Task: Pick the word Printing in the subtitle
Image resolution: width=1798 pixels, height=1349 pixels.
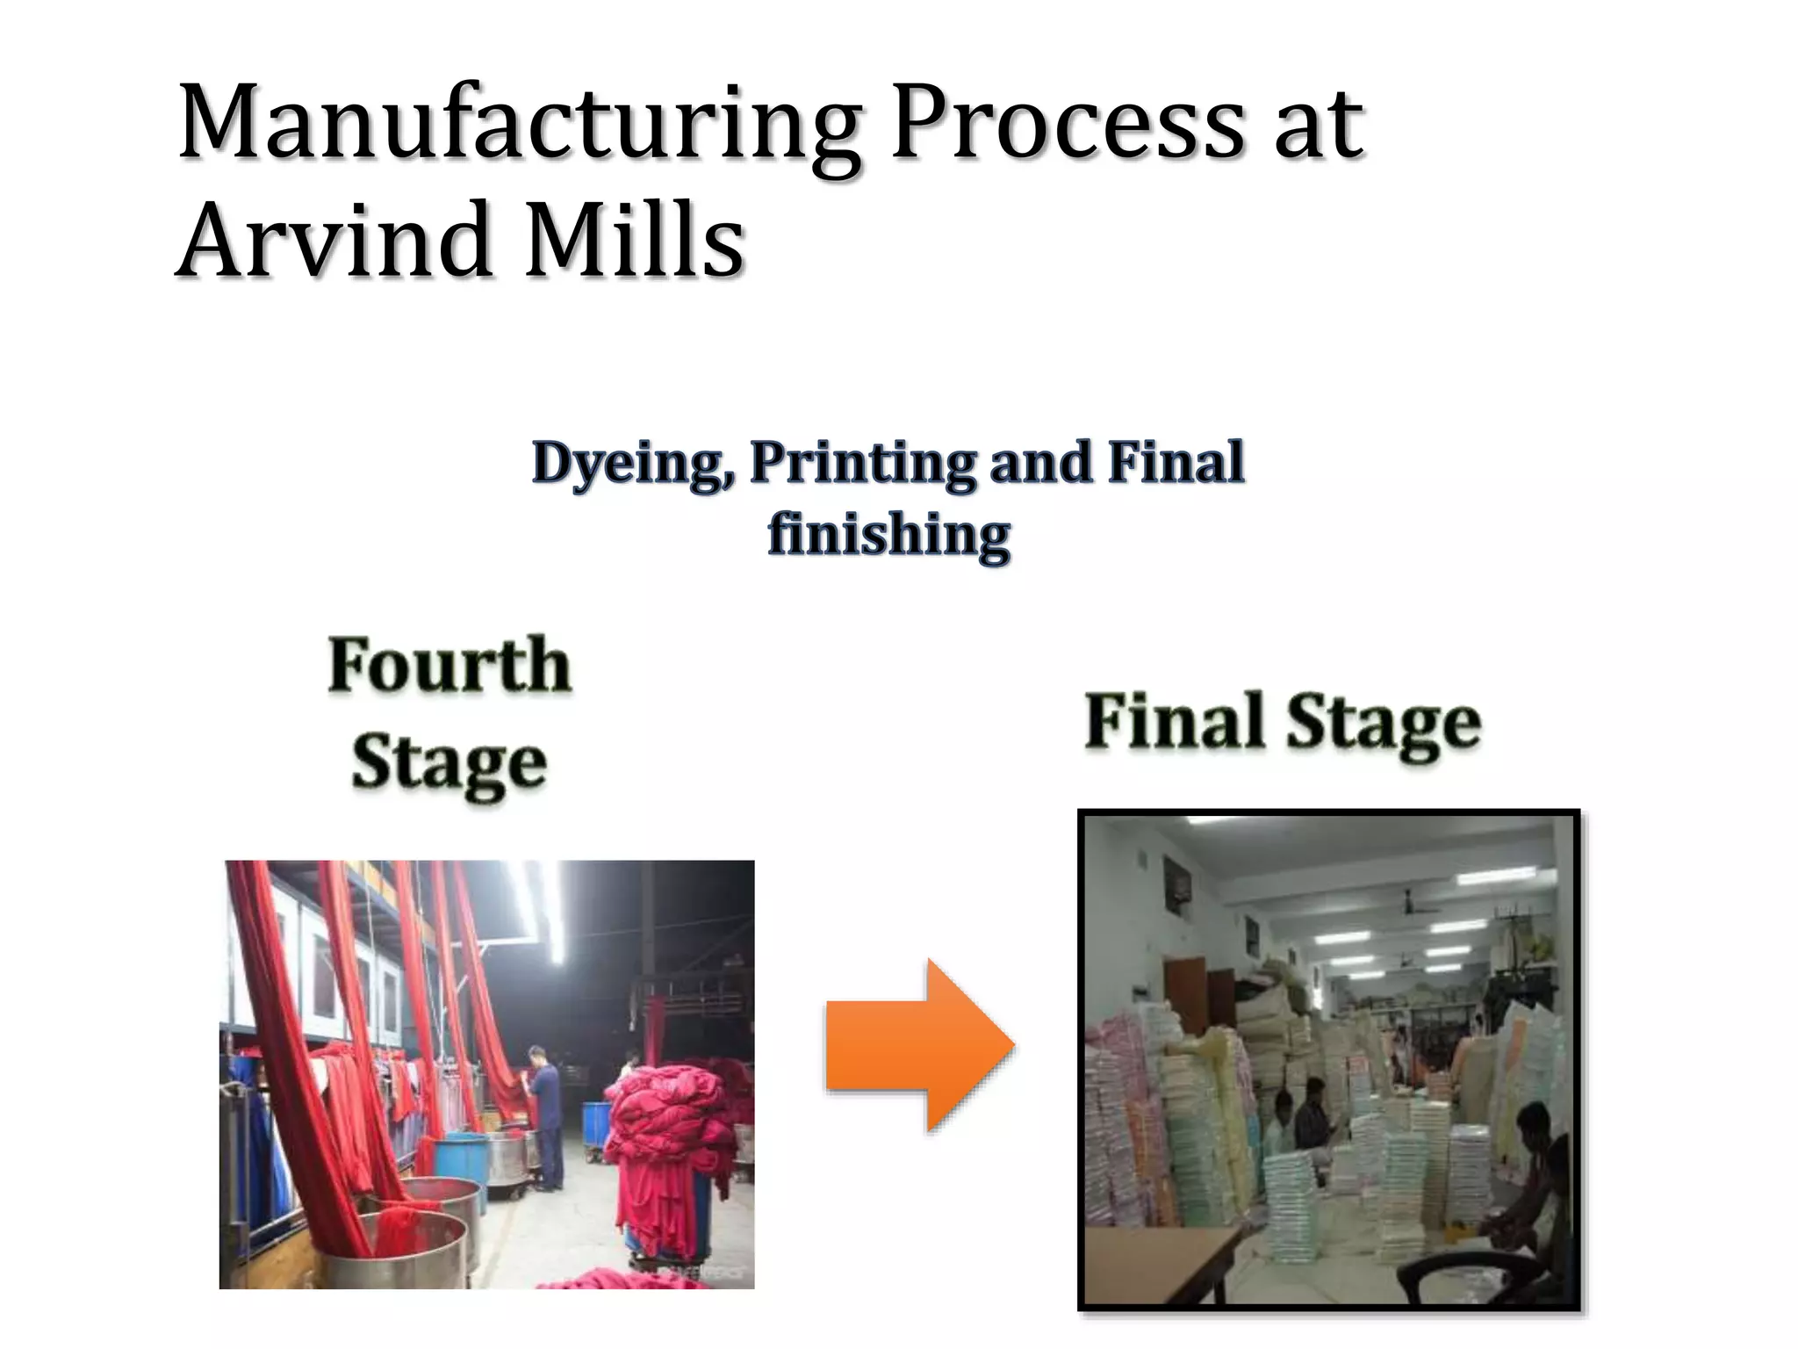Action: [x=862, y=463]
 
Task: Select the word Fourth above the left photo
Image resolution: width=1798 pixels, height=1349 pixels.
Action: [x=449, y=665]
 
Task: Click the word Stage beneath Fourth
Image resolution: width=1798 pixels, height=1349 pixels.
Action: [x=449, y=762]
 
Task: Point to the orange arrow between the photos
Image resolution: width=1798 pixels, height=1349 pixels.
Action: [x=918, y=1045]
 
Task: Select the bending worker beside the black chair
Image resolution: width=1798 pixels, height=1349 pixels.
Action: [x=1536, y=1186]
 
